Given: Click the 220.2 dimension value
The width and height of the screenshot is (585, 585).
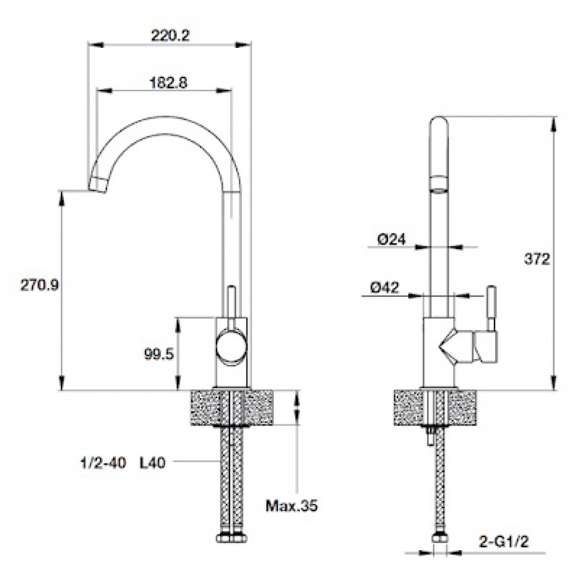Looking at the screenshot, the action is coord(170,35).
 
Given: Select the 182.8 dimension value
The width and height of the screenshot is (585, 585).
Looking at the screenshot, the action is coord(169,83).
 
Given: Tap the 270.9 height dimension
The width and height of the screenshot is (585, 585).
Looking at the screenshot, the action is coord(40,286).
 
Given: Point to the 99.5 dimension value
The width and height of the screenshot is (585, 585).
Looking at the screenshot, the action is coord(159,354).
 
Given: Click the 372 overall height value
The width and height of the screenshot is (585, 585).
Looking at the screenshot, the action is coord(537,259).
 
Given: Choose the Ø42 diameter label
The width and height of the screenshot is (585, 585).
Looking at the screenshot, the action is coord(385,287).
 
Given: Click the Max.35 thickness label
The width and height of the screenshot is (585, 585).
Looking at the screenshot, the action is coord(291,506).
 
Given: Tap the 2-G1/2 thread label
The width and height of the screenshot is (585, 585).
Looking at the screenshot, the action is coord(503,542).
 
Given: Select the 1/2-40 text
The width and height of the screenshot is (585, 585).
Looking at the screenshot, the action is coord(104,463).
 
